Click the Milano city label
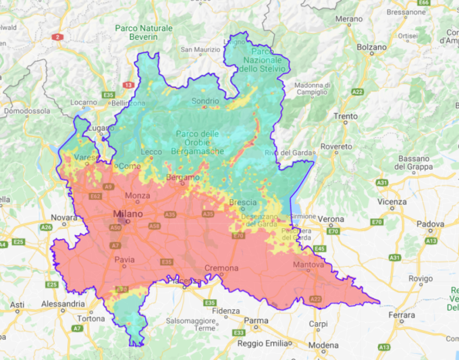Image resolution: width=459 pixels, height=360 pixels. [128, 214]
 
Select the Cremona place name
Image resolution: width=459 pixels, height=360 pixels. [221, 268]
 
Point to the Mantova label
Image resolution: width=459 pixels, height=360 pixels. [308, 265]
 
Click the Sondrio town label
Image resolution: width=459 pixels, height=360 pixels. [205, 101]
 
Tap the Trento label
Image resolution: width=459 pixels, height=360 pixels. [346, 116]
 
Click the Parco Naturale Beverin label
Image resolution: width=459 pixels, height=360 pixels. [143, 33]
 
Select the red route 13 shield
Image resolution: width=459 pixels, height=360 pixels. [128, 85]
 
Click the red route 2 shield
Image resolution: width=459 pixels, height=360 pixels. [58, 37]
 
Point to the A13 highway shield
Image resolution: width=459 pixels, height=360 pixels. [383, 347]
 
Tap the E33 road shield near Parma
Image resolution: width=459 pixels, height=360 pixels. [238, 333]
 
